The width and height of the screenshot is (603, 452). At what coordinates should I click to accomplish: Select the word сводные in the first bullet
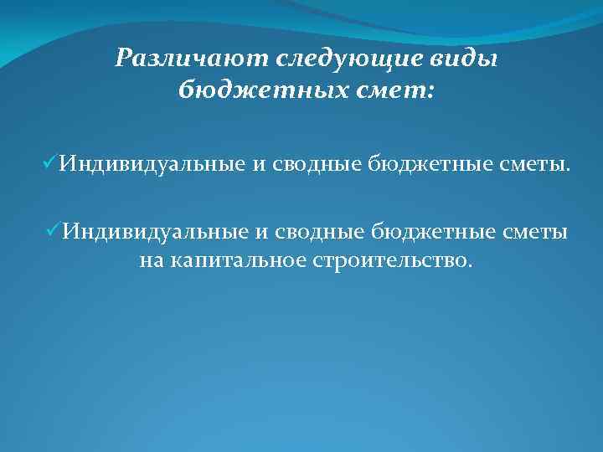(x=313, y=165)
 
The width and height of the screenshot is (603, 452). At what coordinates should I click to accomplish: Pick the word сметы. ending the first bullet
(x=536, y=165)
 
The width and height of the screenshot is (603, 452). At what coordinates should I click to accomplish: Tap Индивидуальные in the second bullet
(x=154, y=231)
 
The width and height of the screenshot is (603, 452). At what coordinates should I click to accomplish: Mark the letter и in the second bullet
(x=258, y=232)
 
